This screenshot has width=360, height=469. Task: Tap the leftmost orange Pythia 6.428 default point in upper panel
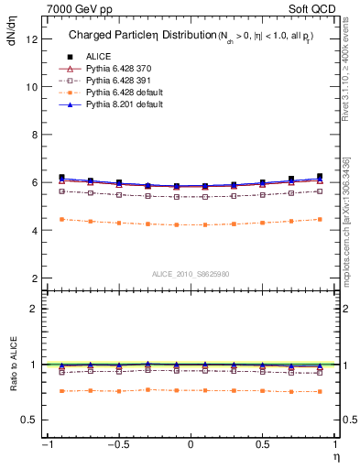point(61,219)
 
